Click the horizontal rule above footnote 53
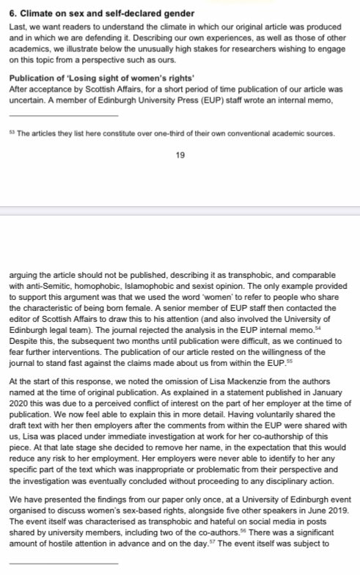(x=63, y=116)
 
